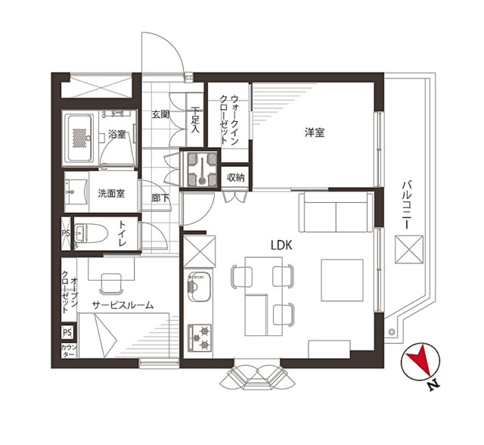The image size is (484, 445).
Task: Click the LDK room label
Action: (x=281, y=245)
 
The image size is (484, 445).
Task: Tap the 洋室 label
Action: (x=315, y=132)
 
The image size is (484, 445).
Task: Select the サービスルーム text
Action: (x=123, y=305)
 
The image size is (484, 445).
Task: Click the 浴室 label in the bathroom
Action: (x=116, y=135)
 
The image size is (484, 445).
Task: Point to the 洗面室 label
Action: (x=111, y=194)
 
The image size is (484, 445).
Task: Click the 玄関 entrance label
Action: (x=160, y=114)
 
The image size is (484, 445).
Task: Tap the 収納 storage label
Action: (x=236, y=177)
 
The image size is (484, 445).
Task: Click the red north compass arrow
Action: (x=420, y=359)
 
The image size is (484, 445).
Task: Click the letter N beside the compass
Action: (x=433, y=384)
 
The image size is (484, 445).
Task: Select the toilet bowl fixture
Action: (x=91, y=233)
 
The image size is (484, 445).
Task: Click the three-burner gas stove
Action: (x=200, y=338)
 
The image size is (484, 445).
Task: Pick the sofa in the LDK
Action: (x=336, y=212)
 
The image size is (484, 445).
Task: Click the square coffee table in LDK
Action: (x=342, y=280)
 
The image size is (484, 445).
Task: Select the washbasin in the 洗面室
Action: (x=75, y=192)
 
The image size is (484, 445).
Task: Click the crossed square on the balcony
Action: (x=409, y=250)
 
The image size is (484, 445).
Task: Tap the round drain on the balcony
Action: (x=392, y=332)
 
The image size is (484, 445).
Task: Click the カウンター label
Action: (x=69, y=350)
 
